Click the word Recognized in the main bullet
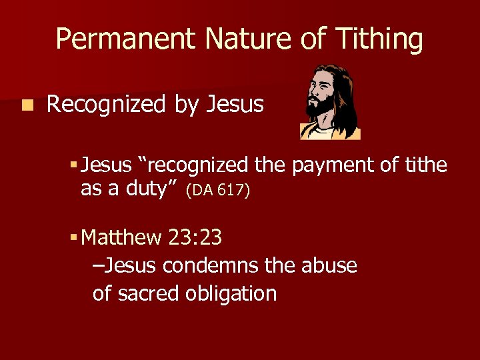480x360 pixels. click(107, 105)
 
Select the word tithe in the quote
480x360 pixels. click(426, 165)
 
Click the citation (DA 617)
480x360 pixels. click(218, 191)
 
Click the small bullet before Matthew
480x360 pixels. click(74, 237)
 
